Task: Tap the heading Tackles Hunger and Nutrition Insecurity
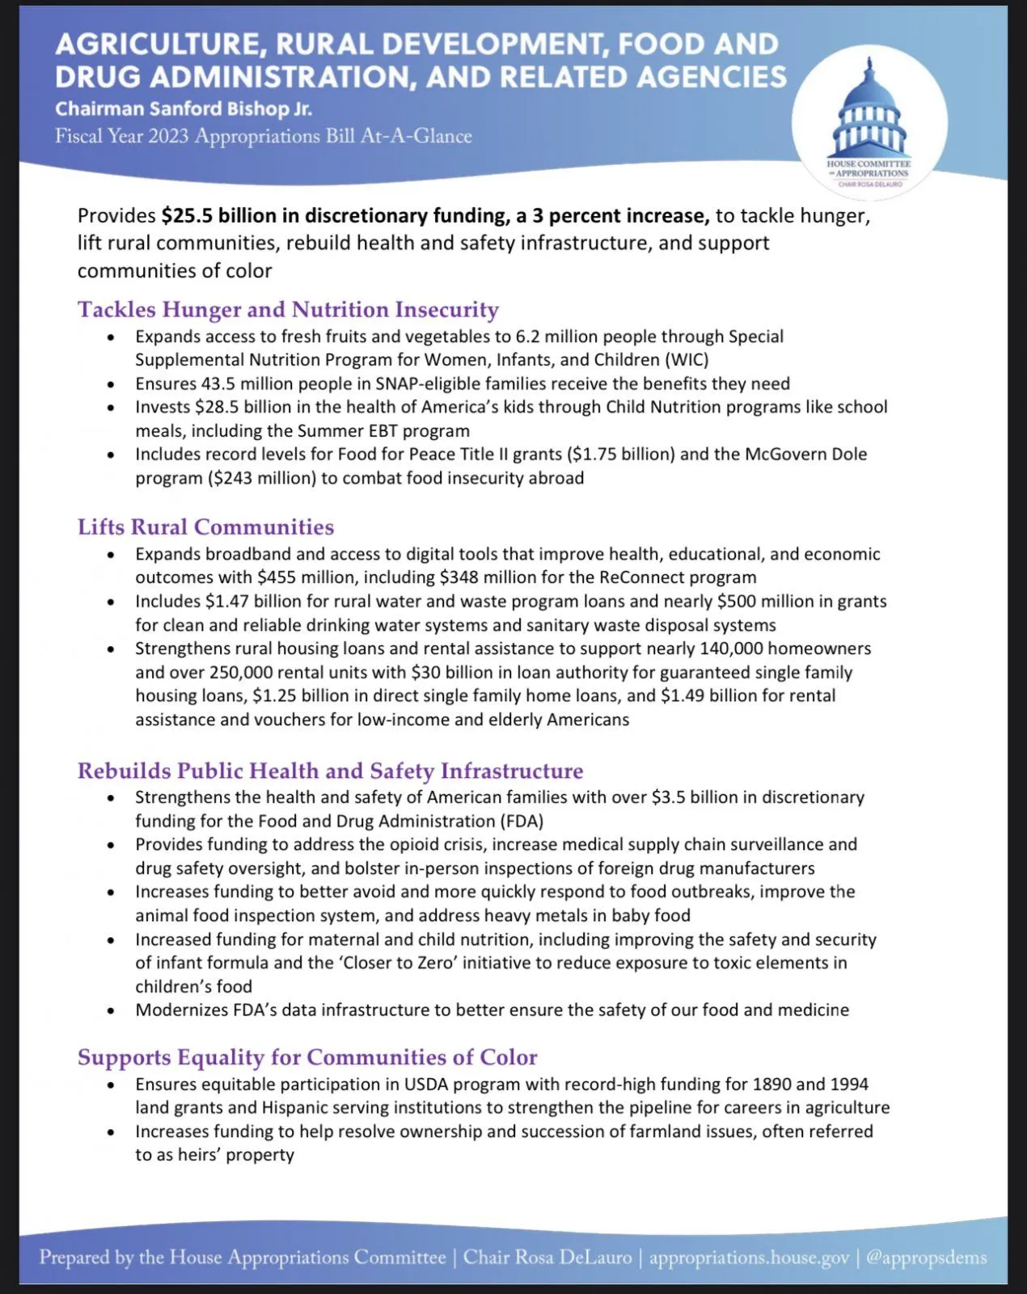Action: pos(288,310)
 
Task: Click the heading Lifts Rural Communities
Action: pos(205,527)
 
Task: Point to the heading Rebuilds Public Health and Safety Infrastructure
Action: pos(330,771)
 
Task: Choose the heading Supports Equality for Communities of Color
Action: pos(307,1058)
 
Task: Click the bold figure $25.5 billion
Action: pos(216,216)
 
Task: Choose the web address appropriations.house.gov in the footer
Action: pos(749,1258)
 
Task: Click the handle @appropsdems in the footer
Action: pos(927,1258)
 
